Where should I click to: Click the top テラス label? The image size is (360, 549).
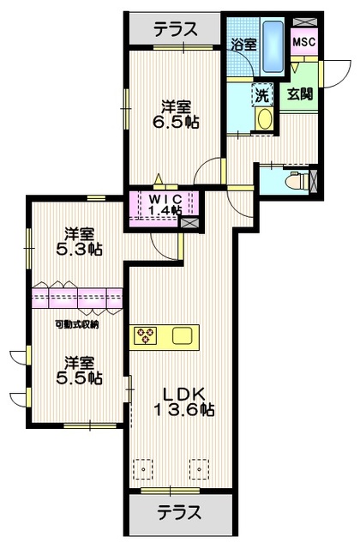tap(175, 29)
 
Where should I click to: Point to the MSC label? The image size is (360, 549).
tap(303, 41)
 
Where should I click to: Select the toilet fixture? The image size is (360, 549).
tap(297, 182)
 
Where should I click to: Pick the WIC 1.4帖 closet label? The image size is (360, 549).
tap(163, 204)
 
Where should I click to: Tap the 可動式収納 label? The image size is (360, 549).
tap(76, 323)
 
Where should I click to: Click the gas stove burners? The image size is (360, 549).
tap(143, 335)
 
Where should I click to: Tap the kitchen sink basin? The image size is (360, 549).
tap(182, 336)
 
